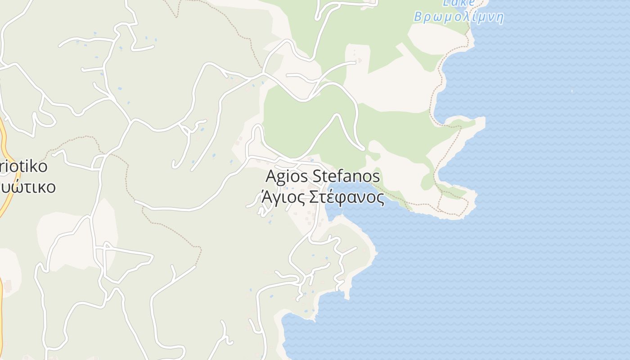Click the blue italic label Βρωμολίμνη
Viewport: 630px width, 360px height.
point(458,18)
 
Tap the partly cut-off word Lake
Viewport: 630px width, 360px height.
point(458,3)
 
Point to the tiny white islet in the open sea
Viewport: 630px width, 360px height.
point(572,91)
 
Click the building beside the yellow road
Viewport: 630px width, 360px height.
point(8,285)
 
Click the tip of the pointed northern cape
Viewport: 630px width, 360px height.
point(483,121)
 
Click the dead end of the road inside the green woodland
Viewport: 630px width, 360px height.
point(363,148)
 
